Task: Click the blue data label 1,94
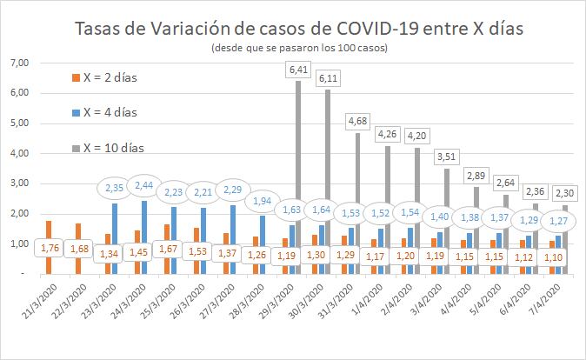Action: [262, 200]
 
